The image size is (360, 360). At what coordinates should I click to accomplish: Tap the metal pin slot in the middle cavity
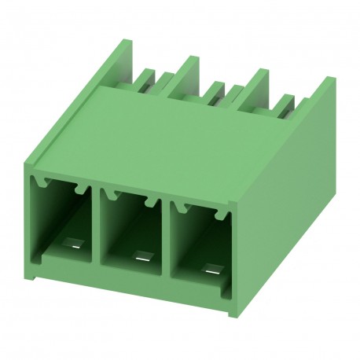141,255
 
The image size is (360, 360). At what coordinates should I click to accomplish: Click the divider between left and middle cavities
97,228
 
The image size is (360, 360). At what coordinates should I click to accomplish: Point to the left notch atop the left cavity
46,182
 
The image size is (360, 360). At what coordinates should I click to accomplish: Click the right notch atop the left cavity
79,189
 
